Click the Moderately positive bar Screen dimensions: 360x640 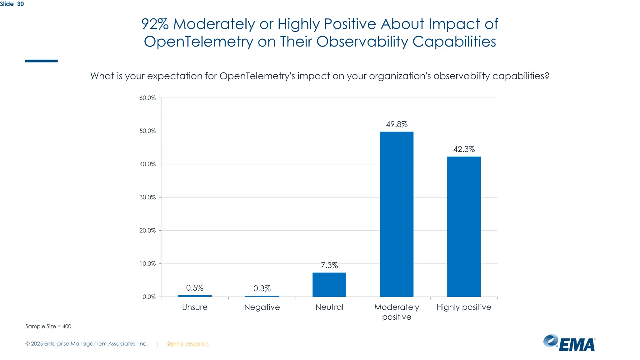point(397,214)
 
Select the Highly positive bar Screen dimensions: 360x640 point(464,227)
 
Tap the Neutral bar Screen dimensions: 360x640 point(329,285)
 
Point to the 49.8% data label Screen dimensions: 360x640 point(397,124)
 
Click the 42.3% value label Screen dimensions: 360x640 point(464,149)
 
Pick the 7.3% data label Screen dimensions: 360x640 point(329,265)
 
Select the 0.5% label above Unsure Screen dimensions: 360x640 point(194,288)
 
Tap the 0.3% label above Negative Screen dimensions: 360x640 point(262,288)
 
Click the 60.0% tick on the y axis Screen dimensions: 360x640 point(147,98)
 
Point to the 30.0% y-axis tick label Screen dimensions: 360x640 point(147,197)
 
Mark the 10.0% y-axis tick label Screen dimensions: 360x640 point(147,264)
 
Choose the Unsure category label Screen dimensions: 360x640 point(194,307)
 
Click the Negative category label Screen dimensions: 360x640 point(262,307)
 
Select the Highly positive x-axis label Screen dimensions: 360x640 point(464,307)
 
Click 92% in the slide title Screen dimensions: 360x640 point(155,24)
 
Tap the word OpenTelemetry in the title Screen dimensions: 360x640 point(198,42)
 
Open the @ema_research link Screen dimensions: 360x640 point(187,344)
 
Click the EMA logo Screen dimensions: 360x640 point(569,343)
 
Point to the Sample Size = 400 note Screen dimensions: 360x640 point(48,326)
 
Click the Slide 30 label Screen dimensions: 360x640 point(12,4)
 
